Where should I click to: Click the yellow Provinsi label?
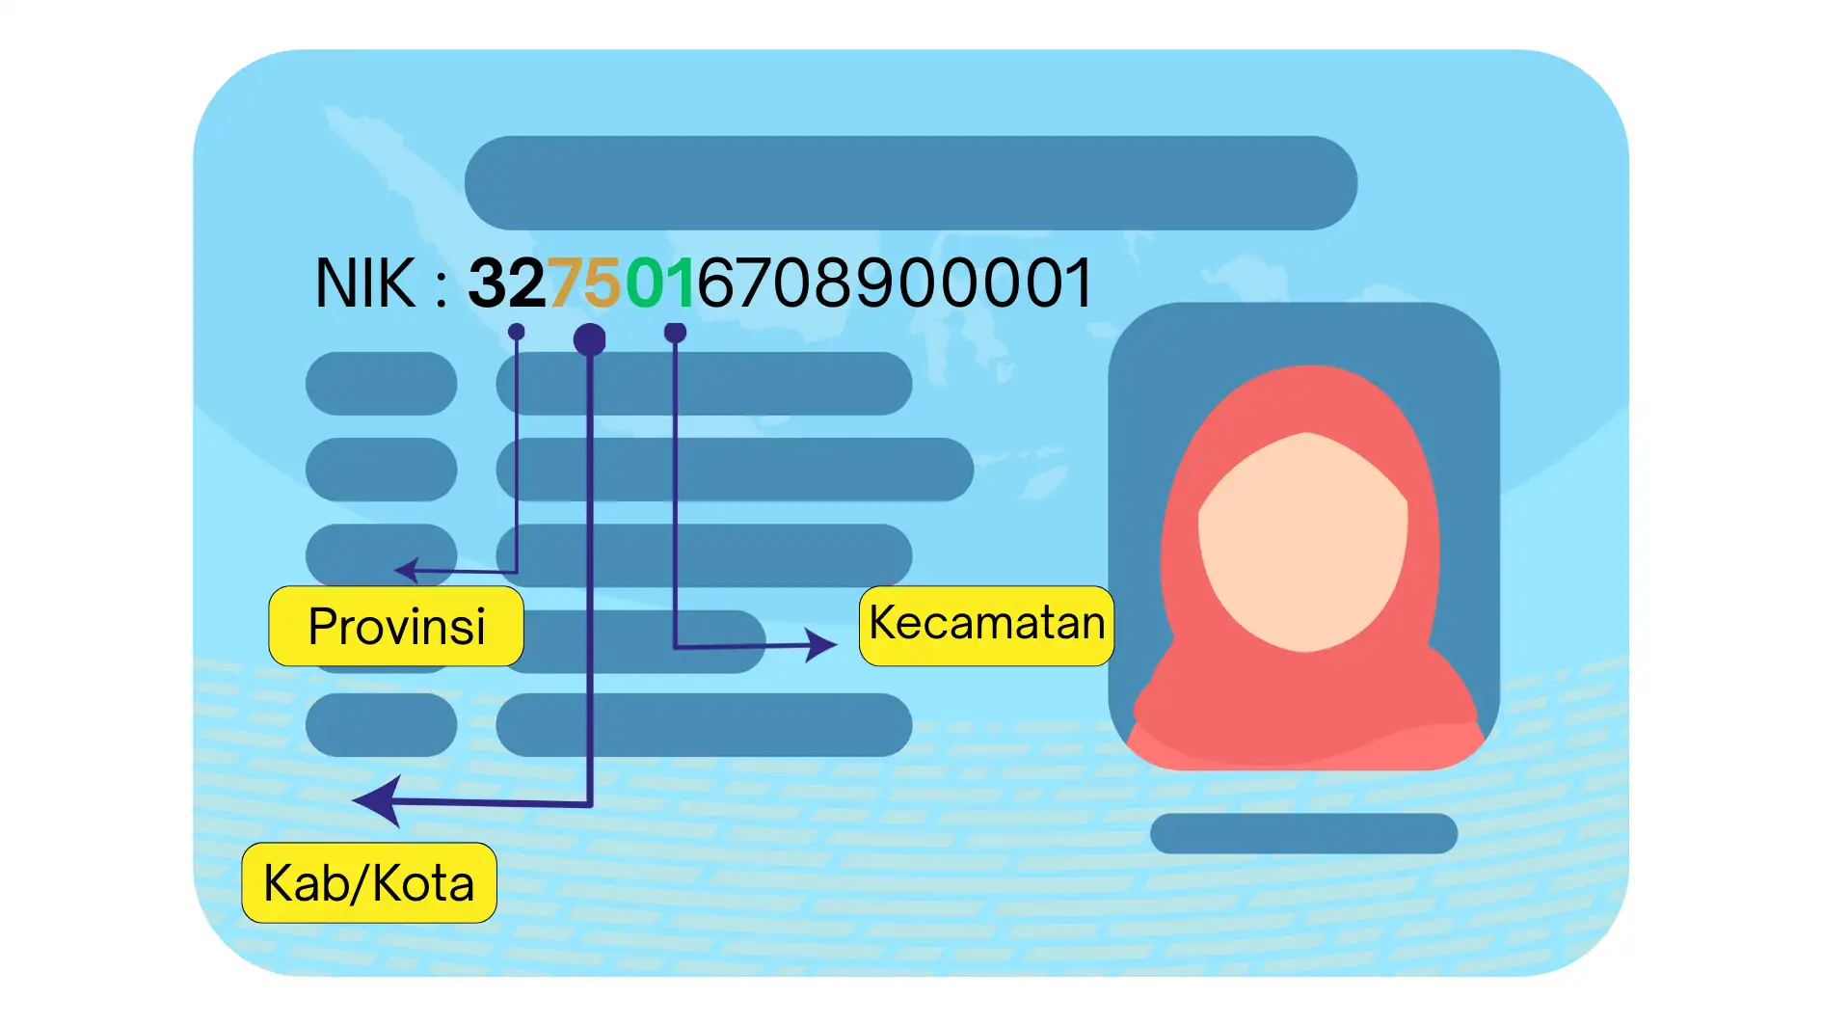tap(396, 627)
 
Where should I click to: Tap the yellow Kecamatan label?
tap(986, 625)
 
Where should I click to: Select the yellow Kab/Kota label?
tap(369, 883)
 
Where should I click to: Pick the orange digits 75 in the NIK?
tap(585, 283)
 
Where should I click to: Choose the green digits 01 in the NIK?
tap(660, 283)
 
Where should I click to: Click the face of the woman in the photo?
tap(1303, 540)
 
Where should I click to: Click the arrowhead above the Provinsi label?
tap(407, 570)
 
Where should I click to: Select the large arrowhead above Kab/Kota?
tap(378, 800)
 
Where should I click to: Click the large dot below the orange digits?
tap(589, 339)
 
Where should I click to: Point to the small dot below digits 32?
tap(517, 332)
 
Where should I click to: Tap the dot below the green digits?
tap(675, 333)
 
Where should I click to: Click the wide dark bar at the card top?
tap(910, 183)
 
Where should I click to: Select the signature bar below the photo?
tap(1303, 833)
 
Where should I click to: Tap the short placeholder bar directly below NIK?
tap(381, 384)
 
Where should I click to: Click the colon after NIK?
tap(441, 286)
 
